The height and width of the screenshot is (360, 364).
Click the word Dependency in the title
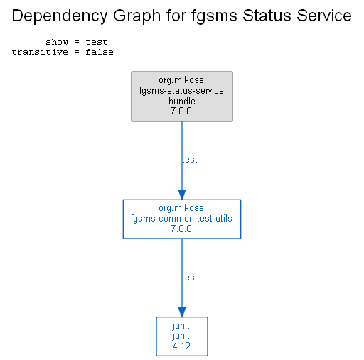click(x=60, y=16)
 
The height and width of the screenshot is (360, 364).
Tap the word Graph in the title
click(x=136, y=16)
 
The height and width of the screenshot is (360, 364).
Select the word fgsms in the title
click(x=214, y=16)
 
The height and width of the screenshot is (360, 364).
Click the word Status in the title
click(x=267, y=16)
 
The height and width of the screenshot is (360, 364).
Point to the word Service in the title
click(x=324, y=16)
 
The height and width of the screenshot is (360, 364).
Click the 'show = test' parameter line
click(x=77, y=42)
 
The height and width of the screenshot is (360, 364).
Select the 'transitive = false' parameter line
click(x=63, y=52)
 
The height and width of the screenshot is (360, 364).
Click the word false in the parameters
click(x=100, y=52)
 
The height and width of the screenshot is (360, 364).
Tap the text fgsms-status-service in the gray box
click(x=181, y=91)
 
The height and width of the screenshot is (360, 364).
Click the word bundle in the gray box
click(x=182, y=101)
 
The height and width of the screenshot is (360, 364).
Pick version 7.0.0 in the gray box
click(x=181, y=111)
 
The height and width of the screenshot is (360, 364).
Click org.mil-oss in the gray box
click(x=181, y=80)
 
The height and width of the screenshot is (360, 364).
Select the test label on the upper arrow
click(x=189, y=160)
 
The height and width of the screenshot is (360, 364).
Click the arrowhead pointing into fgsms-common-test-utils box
click(x=182, y=195)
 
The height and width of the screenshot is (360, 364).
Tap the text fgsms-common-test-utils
click(x=181, y=219)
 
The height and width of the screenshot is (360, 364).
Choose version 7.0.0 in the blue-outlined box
click(x=181, y=229)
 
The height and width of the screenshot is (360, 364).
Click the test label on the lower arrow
click(x=189, y=278)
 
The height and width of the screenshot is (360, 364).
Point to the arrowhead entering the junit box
click(x=182, y=312)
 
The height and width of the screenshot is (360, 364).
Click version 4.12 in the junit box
click(x=181, y=347)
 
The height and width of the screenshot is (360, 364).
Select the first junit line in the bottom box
click(x=181, y=326)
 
